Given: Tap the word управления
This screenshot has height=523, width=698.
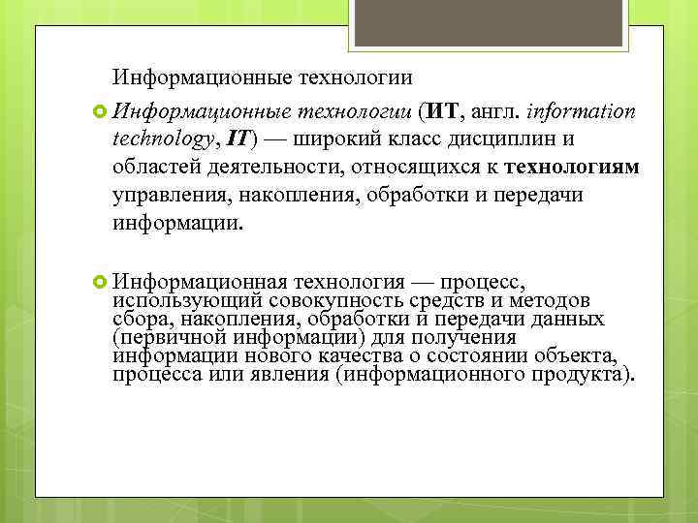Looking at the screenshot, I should [167, 195].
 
